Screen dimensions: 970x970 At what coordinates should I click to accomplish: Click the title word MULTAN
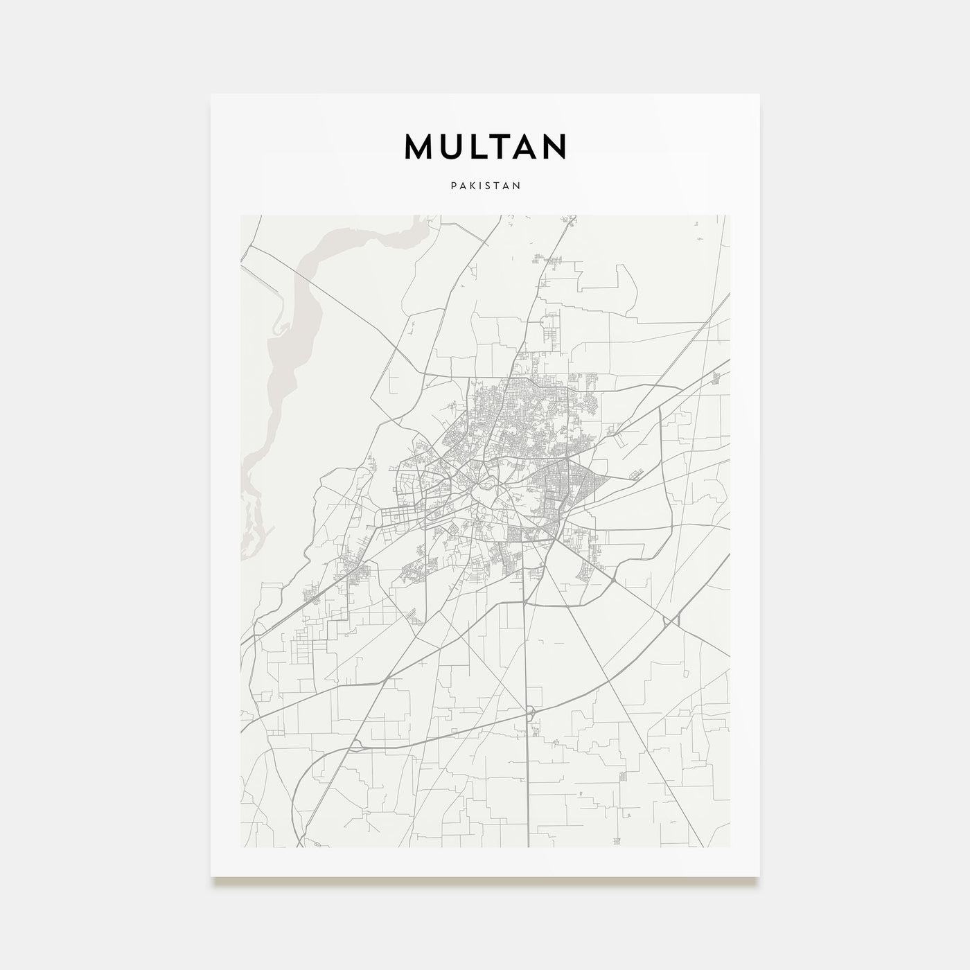(485, 146)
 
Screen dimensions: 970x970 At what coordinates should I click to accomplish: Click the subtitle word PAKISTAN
(485, 186)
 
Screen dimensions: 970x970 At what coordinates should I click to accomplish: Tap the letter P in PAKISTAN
(452, 186)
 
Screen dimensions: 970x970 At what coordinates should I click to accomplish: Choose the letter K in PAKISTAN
(470, 186)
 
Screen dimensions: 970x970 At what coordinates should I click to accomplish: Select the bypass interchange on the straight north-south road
(530, 712)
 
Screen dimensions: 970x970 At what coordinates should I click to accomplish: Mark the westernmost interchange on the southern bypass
(355, 743)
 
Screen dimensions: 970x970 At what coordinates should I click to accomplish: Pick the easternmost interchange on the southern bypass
(667, 621)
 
